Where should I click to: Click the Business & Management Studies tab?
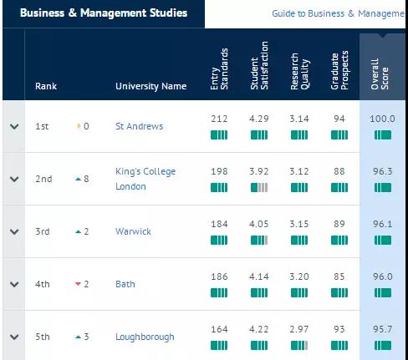(x=101, y=13)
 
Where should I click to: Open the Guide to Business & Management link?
(x=339, y=14)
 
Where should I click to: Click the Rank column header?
(x=46, y=86)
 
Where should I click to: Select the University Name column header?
(x=150, y=86)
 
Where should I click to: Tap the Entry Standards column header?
(x=218, y=66)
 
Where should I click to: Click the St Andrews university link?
(x=139, y=126)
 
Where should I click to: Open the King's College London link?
(x=145, y=179)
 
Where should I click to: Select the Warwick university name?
(x=133, y=231)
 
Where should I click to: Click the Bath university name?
(x=125, y=284)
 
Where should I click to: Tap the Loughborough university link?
(x=145, y=337)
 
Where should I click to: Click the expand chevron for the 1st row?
(x=13, y=126)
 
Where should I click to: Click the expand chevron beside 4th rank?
(x=13, y=284)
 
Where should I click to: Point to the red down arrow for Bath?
(x=79, y=284)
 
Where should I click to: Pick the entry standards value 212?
(x=218, y=119)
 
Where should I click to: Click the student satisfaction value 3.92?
(x=259, y=171)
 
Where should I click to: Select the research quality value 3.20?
(x=299, y=276)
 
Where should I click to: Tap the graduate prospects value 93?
(x=339, y=329)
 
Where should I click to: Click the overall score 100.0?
(x=381, y=119)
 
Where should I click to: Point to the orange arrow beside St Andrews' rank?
(x=79, y=126)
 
